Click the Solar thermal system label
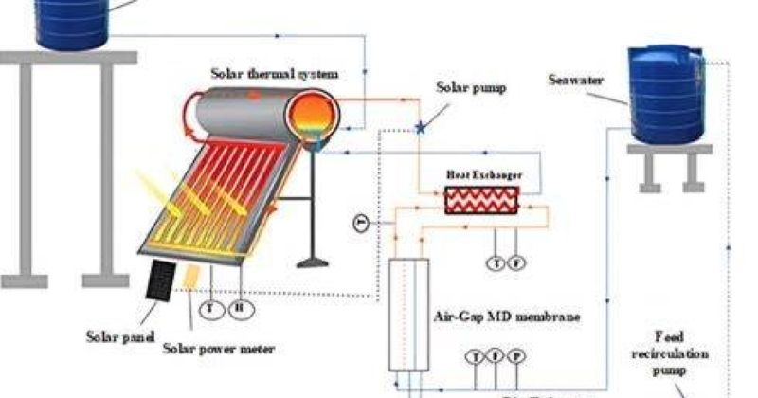(275, 73)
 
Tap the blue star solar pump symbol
(420, 127)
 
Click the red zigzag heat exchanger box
(482, 201)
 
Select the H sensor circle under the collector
(241, 307)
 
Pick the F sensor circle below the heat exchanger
(516, 262)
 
